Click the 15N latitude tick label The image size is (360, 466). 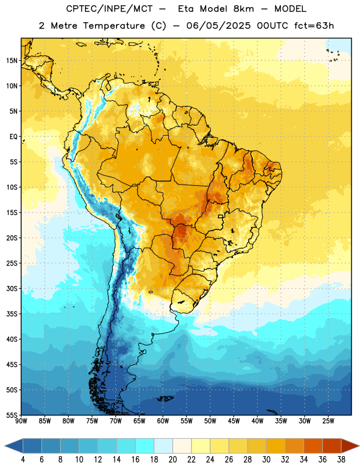pyautogui.click(x=12, y=61)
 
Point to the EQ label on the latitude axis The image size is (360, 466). pyautogui.click(x=13, y=137)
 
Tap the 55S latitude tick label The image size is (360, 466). pyautogui.click(x=12, y=415)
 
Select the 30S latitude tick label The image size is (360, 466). pyautogui.click(x=12, y=288)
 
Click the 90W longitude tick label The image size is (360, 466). pyautogui.click(x=21, y=421)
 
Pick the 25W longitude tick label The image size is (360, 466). pyautogui.click(x=328, y=421)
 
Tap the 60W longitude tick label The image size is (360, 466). pyautogui.click(x=163, y=421)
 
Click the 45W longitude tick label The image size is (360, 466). pyautogui.click(x=234, y=421)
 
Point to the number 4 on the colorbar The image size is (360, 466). pyautogui.click(x=23, y=460)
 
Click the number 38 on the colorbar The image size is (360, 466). pyautogui.click(x=341, y=460)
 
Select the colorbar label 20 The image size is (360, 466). pyautogui.click(x=172, y=460)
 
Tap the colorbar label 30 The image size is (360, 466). pyautogui.click(x=266, y=460)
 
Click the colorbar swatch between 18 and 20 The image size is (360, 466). pyautogui.click(x=163, y=446)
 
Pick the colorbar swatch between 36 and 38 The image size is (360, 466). pyautogui.click(x=332, y=446)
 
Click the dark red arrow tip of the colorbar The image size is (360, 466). pyautogui.click(x=359, y=446)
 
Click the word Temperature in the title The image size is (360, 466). pyautogui.click(x=114, y=26)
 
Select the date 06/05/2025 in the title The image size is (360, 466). pyautogui.click(x=218, y=26)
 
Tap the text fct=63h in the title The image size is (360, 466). pyautogui.click(x=314, y=26)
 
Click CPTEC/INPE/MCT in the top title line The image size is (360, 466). pyautogui.click(x=109, y=9)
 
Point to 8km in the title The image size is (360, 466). pyautogui.click(x=243, y=9)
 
